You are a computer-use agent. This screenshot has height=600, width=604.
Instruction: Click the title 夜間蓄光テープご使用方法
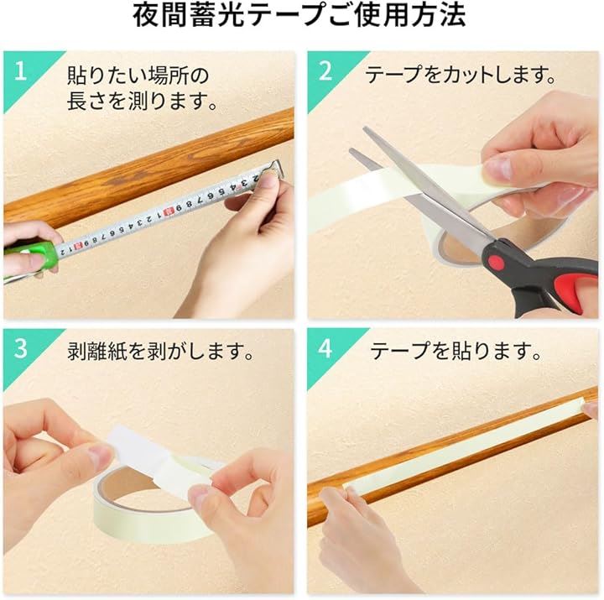(299, 15)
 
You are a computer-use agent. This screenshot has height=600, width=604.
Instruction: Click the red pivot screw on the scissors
(497, 263)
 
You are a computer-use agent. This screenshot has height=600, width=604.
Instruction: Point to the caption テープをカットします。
(461, 75)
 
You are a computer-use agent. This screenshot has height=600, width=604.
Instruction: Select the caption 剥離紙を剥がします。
(160, 351)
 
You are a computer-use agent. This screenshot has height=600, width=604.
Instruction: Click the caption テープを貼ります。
(456, 351)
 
